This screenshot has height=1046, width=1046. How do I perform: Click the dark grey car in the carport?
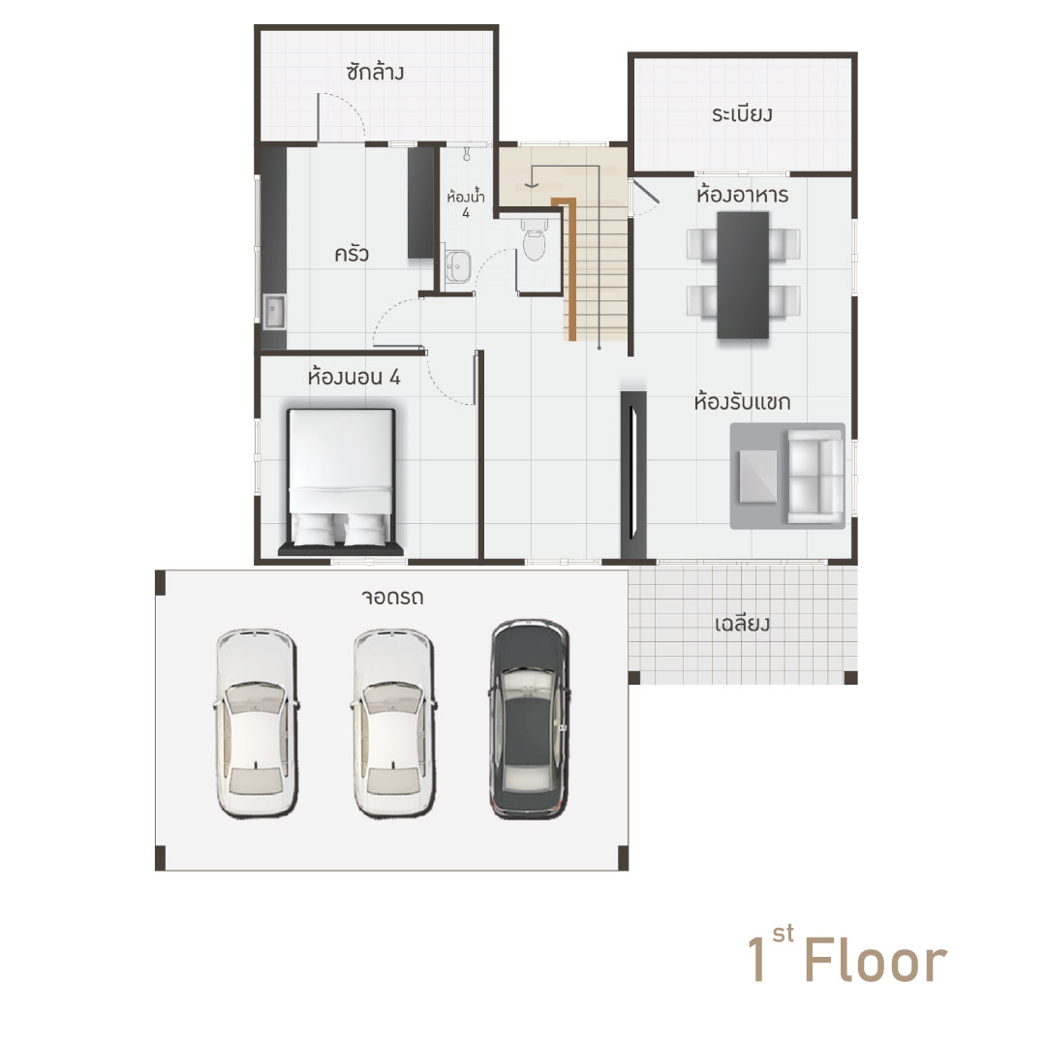pos(530,719)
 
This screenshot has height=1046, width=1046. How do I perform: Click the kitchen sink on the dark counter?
pos(273,312)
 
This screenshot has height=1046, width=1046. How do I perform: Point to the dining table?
pos(743,275)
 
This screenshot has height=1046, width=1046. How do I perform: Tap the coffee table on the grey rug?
pos(757,477)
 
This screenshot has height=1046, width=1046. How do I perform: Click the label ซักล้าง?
pos(375,72)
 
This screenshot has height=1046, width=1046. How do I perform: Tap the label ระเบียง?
pos(742,114)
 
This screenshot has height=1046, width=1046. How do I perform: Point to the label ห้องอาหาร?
pos(742,195)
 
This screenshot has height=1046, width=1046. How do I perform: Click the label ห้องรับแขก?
pos(742,402)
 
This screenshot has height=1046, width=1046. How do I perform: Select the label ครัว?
pos(352,254)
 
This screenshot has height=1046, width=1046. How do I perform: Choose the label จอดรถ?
pos(392,597)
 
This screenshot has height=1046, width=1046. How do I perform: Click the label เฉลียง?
pos(742,625)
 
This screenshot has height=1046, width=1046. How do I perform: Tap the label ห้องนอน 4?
pos(354,377)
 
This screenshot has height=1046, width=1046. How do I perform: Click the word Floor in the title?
pos(876,959)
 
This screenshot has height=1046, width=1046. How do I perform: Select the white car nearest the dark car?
pos(393,723)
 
